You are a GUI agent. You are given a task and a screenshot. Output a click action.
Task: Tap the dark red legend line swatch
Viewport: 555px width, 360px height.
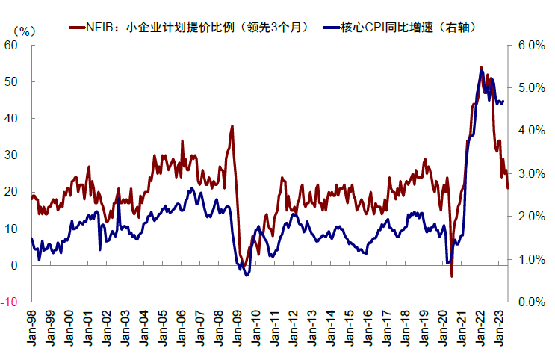[x=76, y=28]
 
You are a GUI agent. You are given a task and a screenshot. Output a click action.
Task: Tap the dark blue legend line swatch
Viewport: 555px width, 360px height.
[x=331, y=28]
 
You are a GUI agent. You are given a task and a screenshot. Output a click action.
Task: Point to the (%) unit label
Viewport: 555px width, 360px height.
[x=24, y=31]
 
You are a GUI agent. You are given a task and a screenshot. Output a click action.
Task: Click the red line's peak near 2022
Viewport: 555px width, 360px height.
[x=481, y=67]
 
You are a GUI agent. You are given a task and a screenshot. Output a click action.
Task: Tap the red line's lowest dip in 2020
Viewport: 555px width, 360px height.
[x=452, y=276]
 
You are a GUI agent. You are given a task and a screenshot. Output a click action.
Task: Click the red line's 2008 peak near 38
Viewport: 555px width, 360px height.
[x=232, y=126]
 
